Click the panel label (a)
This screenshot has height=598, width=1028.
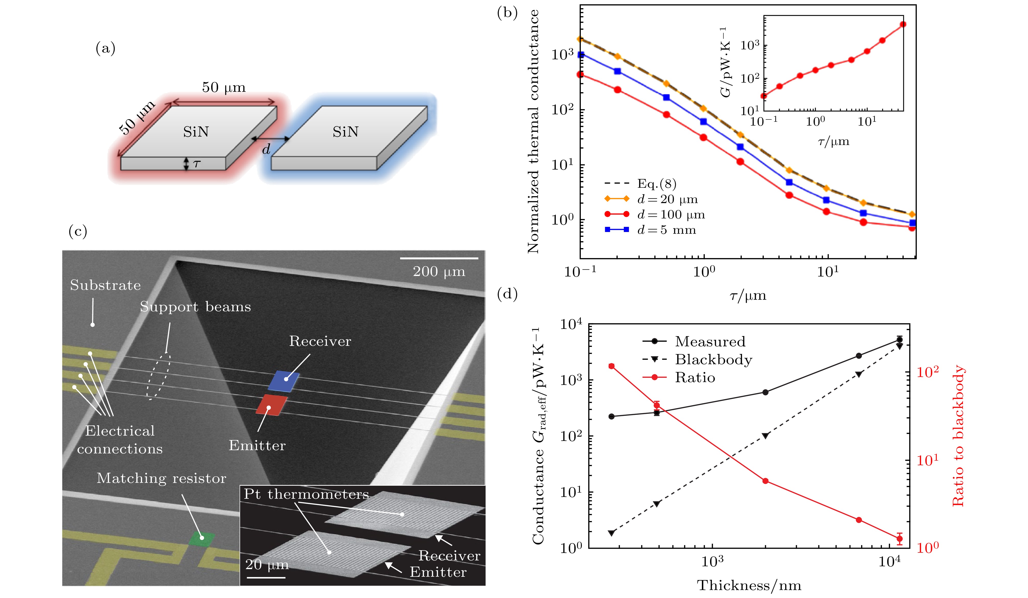click(x=105, y=49)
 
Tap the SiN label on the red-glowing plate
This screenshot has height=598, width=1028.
click(x=196, y=132)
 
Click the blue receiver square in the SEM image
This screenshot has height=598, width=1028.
click(x=284, y=381)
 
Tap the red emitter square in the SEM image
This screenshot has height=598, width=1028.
click(x=271, y=405)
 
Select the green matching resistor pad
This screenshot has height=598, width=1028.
click(x=201, y=538)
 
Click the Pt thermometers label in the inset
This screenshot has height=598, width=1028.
click(x=306, y=494)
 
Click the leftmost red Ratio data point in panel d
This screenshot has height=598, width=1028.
click(x=611, y=366)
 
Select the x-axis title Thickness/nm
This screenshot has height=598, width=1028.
click(x=749, y=585)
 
